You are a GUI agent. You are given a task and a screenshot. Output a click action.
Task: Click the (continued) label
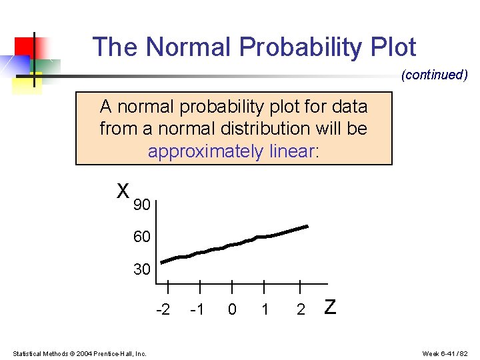[434, 75]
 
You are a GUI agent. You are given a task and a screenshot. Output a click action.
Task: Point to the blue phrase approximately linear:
[233, 151]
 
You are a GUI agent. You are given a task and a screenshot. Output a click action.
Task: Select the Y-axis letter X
[123, 192]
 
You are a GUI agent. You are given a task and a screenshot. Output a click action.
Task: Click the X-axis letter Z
[329, 307]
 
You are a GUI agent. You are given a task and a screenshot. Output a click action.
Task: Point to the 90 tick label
[141, 205]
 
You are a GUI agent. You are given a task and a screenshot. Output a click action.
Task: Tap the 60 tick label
[141, 237]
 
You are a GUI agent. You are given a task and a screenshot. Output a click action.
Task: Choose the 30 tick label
[141, 270]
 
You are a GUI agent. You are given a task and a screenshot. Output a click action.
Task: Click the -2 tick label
[163, 310]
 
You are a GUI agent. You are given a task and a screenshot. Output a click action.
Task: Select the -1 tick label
[197, 310]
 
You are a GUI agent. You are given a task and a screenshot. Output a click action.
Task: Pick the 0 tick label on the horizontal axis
[231, 310]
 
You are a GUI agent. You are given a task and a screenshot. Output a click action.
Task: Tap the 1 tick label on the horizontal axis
[265, 310]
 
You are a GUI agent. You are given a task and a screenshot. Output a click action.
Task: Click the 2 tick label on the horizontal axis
[301, 310]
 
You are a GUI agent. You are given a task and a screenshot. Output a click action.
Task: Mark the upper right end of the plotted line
[307, 227]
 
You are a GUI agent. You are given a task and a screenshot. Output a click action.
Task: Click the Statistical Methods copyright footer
[80, 353]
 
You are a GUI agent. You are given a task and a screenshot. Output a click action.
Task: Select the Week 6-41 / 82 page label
[445, 353]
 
